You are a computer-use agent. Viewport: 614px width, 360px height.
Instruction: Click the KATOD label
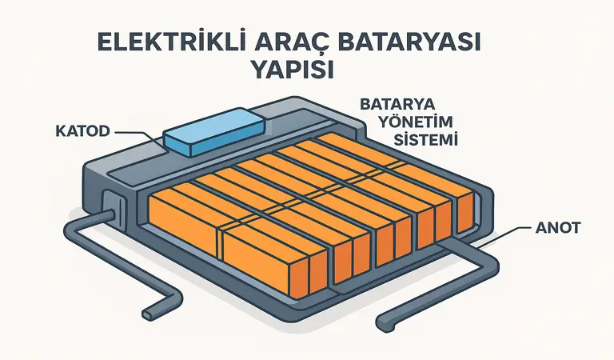[86, 130]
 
